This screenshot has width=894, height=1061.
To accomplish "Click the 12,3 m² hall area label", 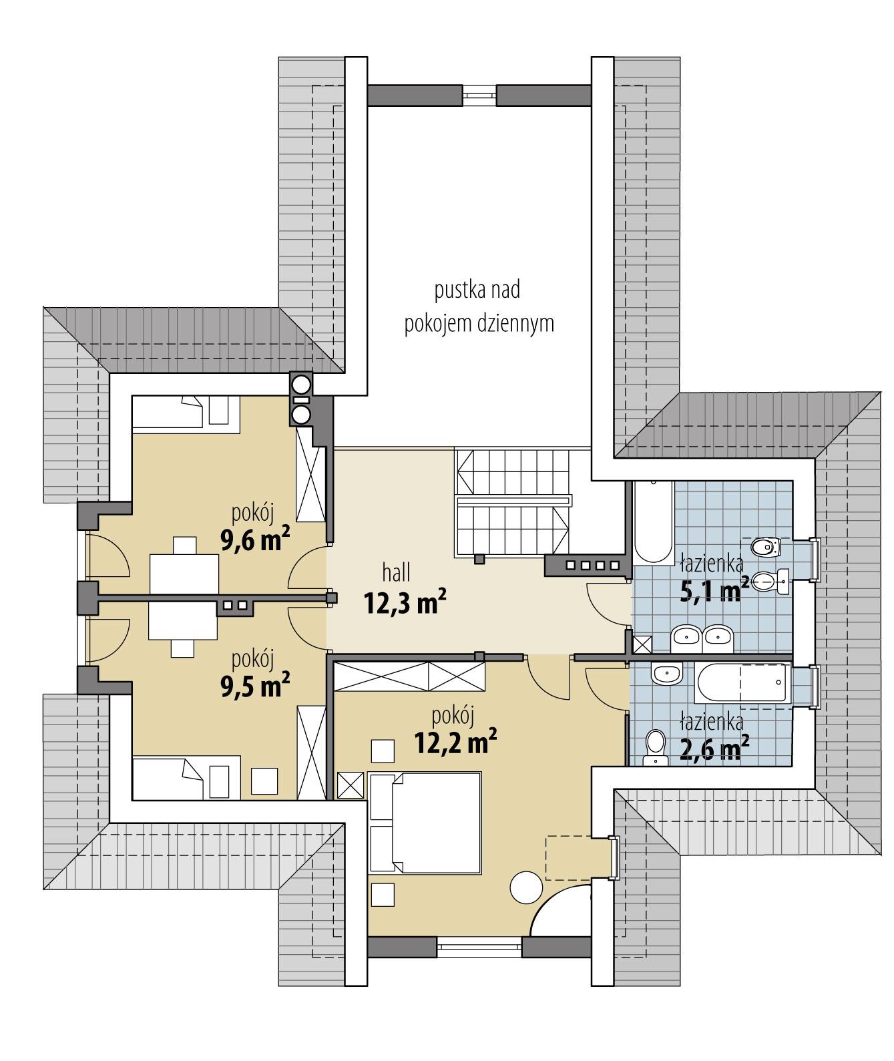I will coord(405,603).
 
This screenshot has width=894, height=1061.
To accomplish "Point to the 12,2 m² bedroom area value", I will coord(455,740).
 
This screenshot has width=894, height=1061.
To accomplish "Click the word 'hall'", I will coord(396,572).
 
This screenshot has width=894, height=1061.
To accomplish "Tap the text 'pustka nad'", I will coord(477,290).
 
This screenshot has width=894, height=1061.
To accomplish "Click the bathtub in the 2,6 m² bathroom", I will coord(741,683).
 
